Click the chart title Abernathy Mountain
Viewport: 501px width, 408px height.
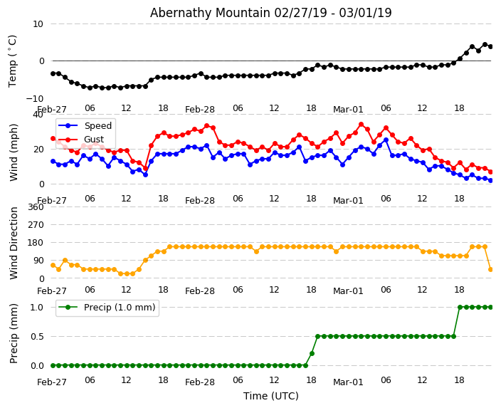tap(270, 13)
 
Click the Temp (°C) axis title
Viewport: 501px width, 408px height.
tap(13, 61)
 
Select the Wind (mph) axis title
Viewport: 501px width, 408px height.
tap(14, 152)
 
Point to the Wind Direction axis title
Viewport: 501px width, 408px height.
tap(14, 243)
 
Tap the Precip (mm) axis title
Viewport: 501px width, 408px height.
tap(14, 334)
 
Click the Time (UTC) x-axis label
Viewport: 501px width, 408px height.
tap(270, 396)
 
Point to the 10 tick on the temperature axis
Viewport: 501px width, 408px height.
tap(38, 23)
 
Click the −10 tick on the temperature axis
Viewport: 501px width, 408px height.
tap(34, 98)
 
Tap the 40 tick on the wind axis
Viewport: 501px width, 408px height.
tap(38, 114)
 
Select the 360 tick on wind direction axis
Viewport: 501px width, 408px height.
tap(35, 206)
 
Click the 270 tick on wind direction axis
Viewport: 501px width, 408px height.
tap(35, 224)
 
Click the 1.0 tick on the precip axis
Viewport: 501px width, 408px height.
tap(36, 307)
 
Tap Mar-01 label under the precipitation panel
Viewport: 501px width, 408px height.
tap(348, 382)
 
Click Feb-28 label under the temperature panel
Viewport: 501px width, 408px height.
tap(200, 110)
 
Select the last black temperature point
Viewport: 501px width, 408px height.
tap(490, 46)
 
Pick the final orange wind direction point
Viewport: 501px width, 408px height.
tap(490, 269)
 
